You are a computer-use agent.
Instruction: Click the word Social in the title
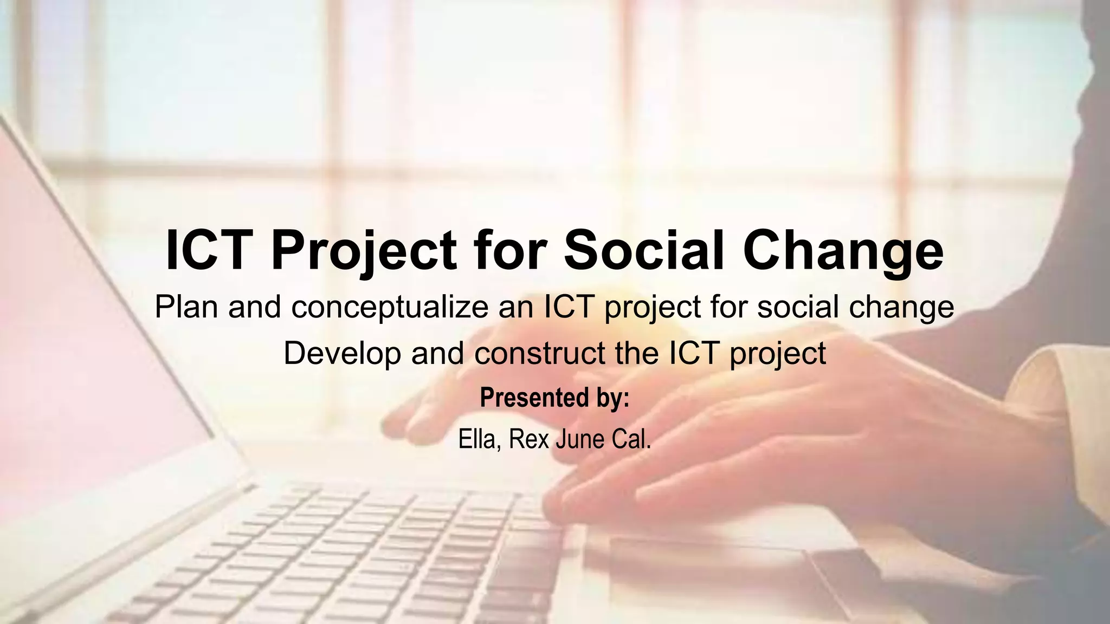(644, 250)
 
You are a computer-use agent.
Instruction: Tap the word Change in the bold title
(843, 250)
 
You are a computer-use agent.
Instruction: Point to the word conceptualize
(390, 307)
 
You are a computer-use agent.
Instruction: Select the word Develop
(342, 353)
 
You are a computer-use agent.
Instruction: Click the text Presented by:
(554, 398)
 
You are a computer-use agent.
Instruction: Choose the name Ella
(476, 439)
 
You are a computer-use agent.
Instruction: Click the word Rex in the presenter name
(529, 439)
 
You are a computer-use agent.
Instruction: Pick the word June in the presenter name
(580, 439)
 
